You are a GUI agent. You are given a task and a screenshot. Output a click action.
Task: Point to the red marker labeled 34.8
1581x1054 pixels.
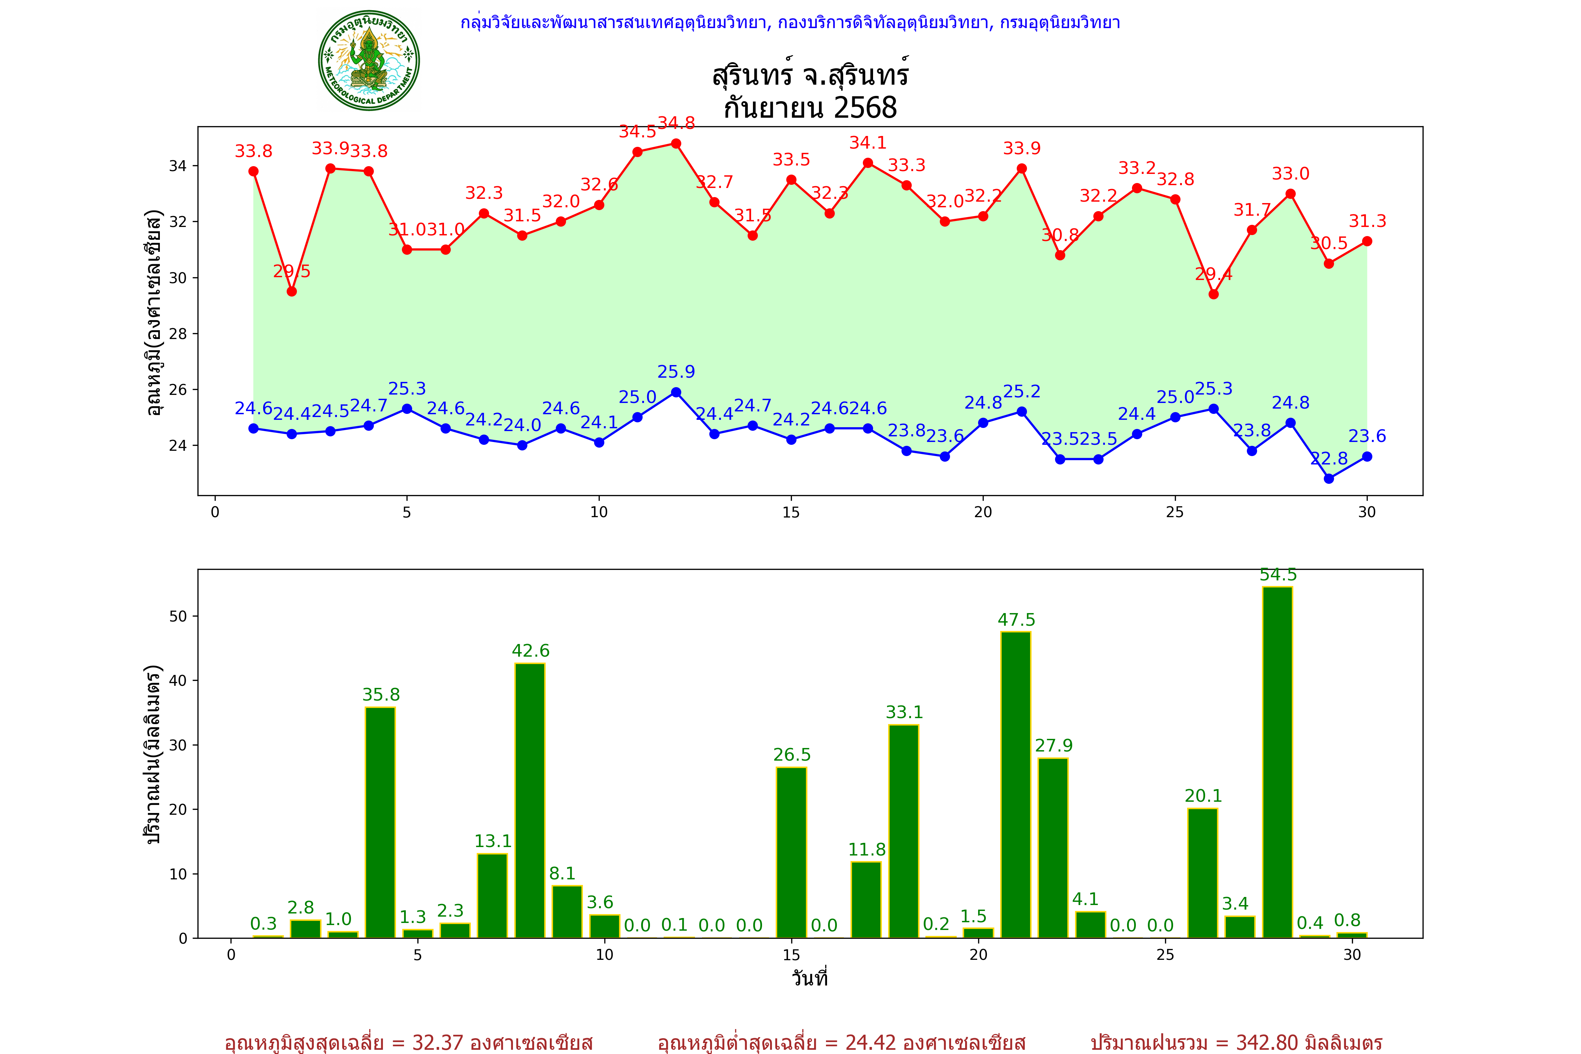coord(676,144)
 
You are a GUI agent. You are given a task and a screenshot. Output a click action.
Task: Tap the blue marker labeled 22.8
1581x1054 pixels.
coord(1329,479)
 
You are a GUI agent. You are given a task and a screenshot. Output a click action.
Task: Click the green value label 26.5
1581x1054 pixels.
coord(792,755)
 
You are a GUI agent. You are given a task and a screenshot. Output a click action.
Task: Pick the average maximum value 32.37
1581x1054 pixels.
coord(438,1042)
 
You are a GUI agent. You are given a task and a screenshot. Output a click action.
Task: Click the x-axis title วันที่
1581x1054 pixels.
coord(809,978)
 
